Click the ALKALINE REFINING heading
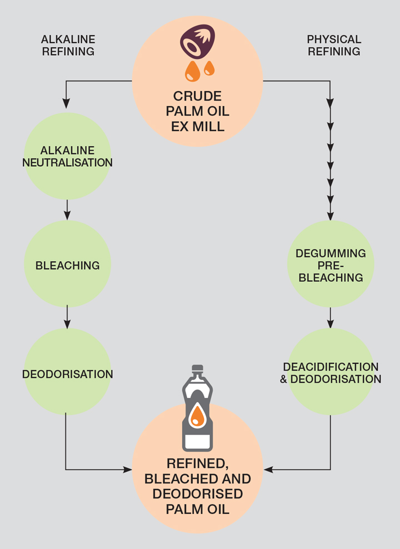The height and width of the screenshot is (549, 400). coord(68,46)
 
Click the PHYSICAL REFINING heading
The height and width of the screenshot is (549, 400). coord(334,46)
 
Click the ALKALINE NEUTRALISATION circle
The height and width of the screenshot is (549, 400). coord(67,156)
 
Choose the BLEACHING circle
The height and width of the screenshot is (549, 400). coord(67,264)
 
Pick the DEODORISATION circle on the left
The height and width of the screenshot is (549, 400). coord(67,373)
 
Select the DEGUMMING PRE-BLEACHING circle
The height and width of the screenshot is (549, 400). coord(331,264)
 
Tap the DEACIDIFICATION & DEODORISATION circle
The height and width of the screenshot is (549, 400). coord(331,372)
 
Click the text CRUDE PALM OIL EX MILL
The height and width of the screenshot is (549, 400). coord(198,111)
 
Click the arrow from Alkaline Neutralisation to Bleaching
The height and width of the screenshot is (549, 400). coord(67,209)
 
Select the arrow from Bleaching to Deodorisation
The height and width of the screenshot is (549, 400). coord(67,317)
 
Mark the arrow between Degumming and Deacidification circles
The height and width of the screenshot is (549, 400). coord(331,317)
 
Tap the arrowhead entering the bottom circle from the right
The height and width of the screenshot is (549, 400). coord(268,470)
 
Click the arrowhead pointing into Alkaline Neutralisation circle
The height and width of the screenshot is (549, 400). coord(66,103)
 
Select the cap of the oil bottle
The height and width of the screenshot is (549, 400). coord(197,369)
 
